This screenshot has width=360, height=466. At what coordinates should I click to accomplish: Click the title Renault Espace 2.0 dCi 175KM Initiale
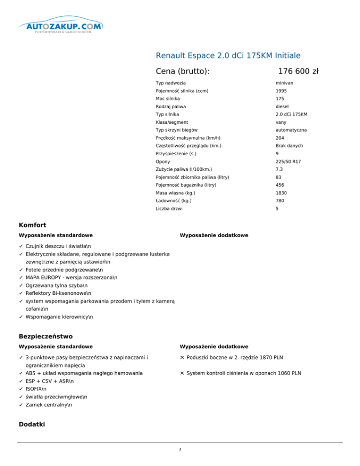click(228, 55)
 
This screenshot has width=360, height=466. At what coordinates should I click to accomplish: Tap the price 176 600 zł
click(298, 71)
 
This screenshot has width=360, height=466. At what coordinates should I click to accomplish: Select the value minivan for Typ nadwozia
click(285, 83)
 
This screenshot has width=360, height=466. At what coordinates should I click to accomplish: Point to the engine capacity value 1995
click(281, 91)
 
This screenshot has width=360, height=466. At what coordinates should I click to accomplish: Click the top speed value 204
click(279, 138)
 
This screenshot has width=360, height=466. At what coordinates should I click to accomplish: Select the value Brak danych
click(289, 145)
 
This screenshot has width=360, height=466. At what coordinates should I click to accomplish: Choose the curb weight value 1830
click(281, 193)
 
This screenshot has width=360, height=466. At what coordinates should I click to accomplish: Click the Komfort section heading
click(32, 225)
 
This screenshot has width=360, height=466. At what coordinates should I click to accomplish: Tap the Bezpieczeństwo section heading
click(45, 336)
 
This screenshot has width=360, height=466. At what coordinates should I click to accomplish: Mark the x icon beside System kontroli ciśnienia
click(182, 373)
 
